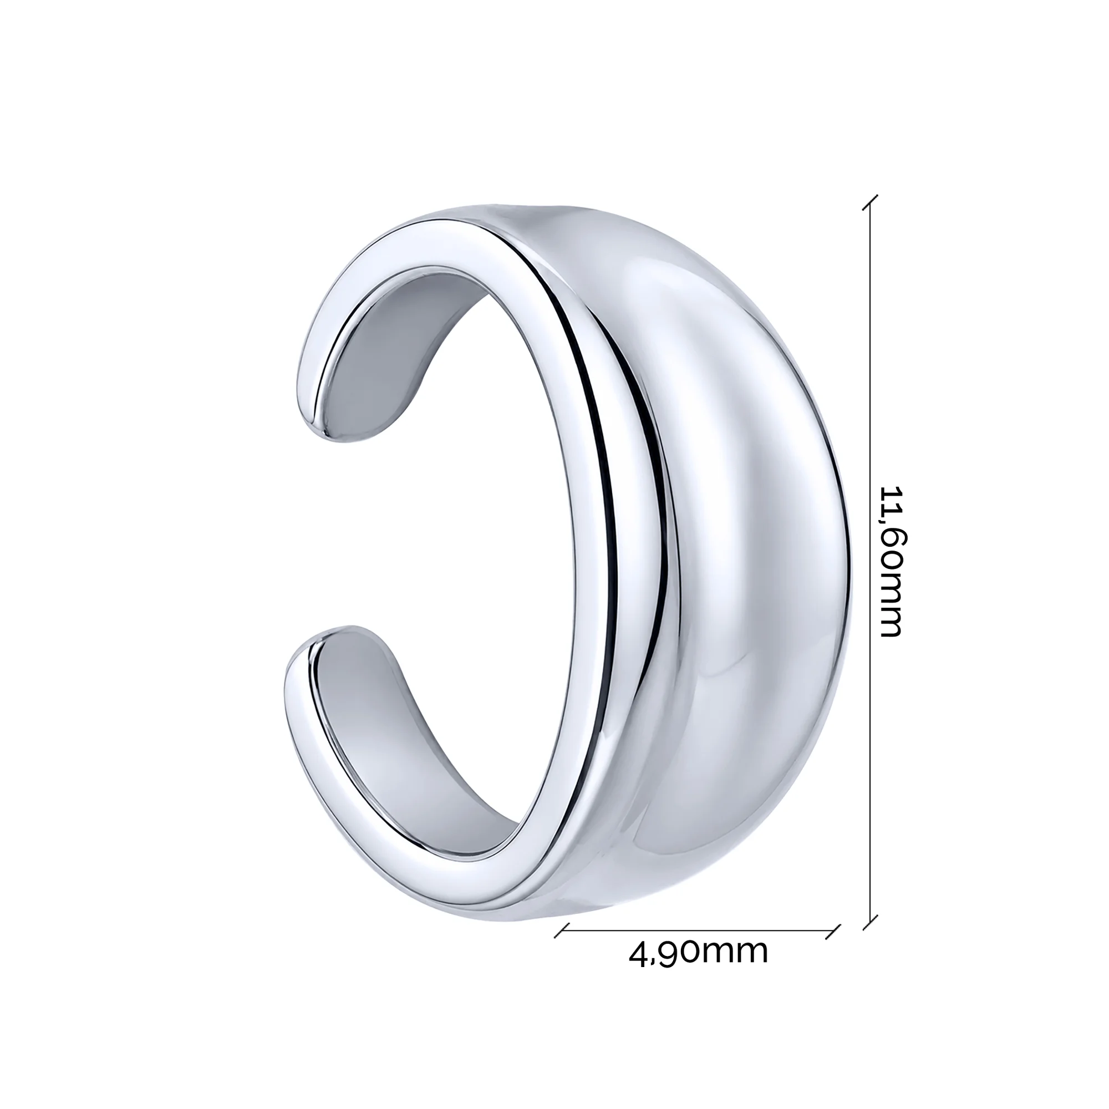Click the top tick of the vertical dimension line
pos(871,202)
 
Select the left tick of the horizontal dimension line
pos(561,930)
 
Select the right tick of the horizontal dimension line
pos(833,930)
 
